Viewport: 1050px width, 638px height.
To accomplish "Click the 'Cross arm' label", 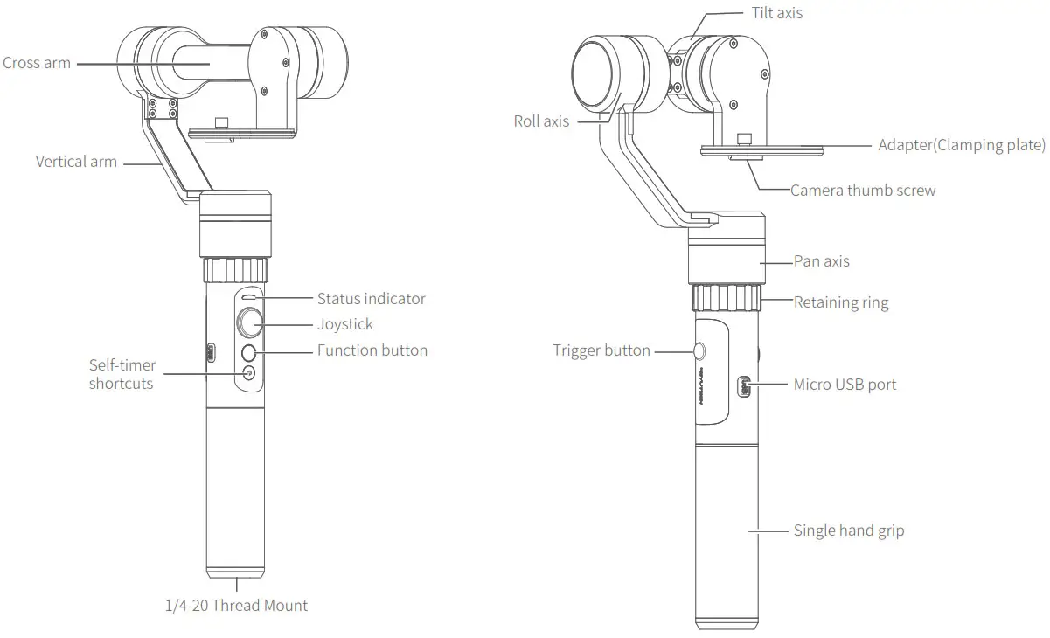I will pyautogui.click(x=37, y=63).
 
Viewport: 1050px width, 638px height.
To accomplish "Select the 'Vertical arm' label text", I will pyautogui.click(x=76, y=162).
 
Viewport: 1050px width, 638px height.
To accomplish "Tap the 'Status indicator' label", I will pyautogui.click(x=371, y=299).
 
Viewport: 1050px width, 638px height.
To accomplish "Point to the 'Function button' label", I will pyautogui.click(x=372, y=350).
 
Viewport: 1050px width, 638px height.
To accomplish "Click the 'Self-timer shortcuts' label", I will pyautogui.click(x=121, y=374).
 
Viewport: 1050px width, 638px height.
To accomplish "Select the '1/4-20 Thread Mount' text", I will pyautogui.click(x=237, y=605).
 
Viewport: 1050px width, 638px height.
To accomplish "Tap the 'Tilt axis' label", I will pyautogui.click(x=776, y=13).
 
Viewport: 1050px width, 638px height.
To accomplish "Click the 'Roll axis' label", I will pyautogui.click(x=541, y=121).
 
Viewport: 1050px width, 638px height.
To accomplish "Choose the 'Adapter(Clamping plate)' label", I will pyautogui.click(x=962, y=145).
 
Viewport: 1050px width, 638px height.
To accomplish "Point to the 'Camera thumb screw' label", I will pyautogui.click(x=863, y=191).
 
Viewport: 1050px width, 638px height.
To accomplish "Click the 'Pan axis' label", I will pyautogui.click(x=821, y=261).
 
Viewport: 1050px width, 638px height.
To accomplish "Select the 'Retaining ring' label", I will pyautogui.click(x=840, y=303).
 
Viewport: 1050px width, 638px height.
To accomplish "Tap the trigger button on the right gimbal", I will pyautogui.click(x=699, y=350).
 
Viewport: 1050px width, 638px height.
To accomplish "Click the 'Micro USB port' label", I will pyautogui.click(x=845, y=384).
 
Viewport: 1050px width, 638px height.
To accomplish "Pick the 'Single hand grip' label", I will pyautogui.click(x=848, y=531).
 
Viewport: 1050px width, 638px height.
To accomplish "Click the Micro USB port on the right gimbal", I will pyautogui.click(x=744, y=384).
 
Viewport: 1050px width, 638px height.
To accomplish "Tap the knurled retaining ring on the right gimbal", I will pyautogui.click(x=726, y=297).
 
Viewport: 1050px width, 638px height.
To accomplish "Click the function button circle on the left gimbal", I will pyautogui.click(x=249, y=352).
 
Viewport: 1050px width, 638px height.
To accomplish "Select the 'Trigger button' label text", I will pyautogui.click(x=601, y=350).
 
